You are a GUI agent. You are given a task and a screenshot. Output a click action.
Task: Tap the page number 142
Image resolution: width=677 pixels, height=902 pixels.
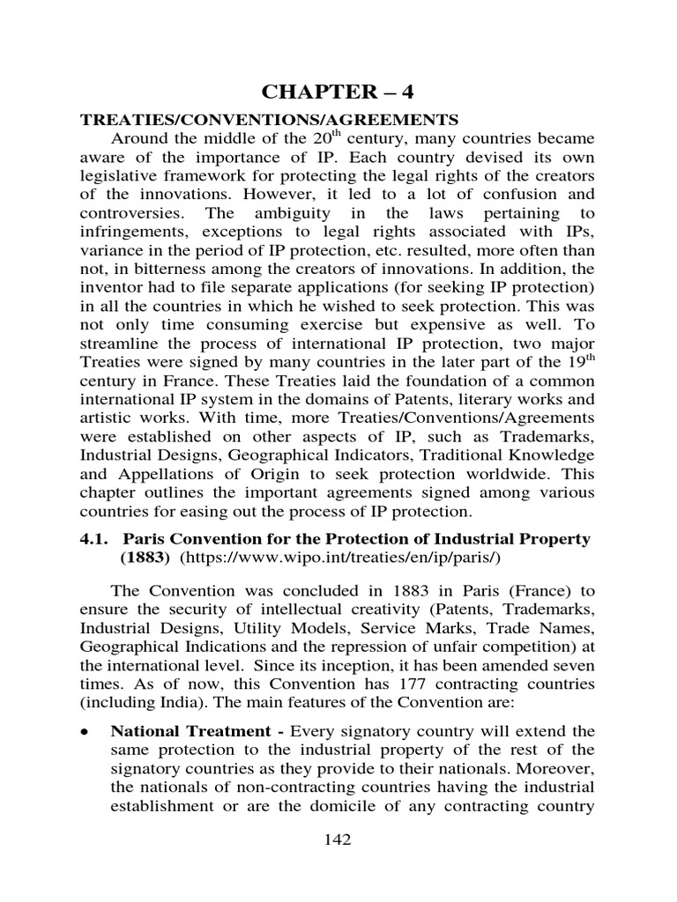click(338, 839)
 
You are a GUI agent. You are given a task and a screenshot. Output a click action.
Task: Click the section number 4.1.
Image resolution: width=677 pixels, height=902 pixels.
click(96, 537)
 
